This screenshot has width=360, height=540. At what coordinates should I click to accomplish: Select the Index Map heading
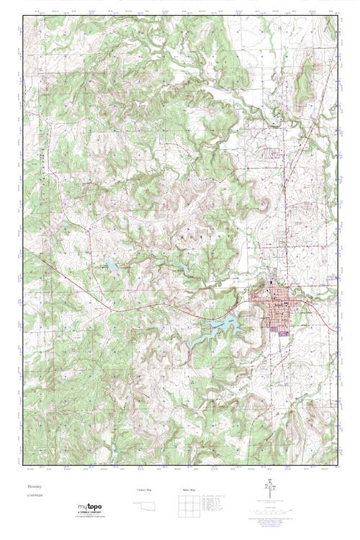coord(186,490)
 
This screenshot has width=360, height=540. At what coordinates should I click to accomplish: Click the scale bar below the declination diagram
coord(272,508)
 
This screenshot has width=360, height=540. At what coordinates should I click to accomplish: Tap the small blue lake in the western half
coord(110,266)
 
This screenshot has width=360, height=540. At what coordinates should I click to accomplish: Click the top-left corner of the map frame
coord(23,17)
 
